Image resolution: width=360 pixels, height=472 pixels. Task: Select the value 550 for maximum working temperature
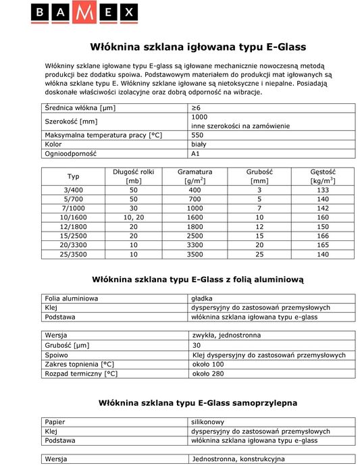click(198, 135)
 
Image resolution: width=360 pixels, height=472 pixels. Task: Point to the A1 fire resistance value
click(197, 154)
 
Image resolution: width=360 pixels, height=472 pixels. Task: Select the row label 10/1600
click(74, 218)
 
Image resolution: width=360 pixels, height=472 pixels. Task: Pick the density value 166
click(324, 237)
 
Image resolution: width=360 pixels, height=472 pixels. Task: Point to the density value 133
click(324, 190)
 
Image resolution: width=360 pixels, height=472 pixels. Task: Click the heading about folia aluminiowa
click(198, 278)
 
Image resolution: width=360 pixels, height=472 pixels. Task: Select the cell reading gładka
click(203, 298)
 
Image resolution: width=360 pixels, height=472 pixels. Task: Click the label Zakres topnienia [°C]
click(77, 364)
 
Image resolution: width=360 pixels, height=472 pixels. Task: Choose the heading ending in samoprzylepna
click(198, 402)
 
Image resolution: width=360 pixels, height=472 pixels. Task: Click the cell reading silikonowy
click(208, 421)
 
